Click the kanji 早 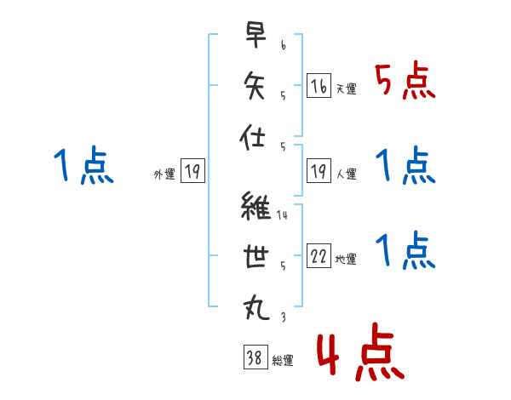click(x=255, y=35)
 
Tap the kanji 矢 click(x=254, y=85)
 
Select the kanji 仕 click(x=252, y=137)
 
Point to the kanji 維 click(x=255, y=205)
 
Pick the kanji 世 click(x=255, y=256)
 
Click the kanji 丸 click(x=256, y=307)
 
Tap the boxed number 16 click(x=319, y=85)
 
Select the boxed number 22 click(x=319, y=255)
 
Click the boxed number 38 click(x=255, y=357)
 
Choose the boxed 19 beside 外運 click(x=192, y=170)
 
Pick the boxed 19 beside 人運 click(x=319, y=170)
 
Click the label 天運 click(x=347, y=89)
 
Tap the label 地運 click(x=346, y=259)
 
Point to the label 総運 click(x=283, y=360)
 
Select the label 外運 click(x=164, y=174)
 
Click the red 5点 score click(x=405, y=81)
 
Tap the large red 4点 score click(x=360, y=351)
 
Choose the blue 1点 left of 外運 click(x=83, y=165)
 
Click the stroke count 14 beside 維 click(x=282, y=215)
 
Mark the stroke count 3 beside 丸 click(x=284, y=317)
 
